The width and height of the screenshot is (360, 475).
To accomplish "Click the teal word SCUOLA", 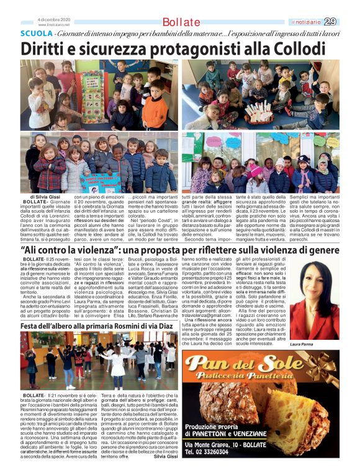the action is tap(36, 33).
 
